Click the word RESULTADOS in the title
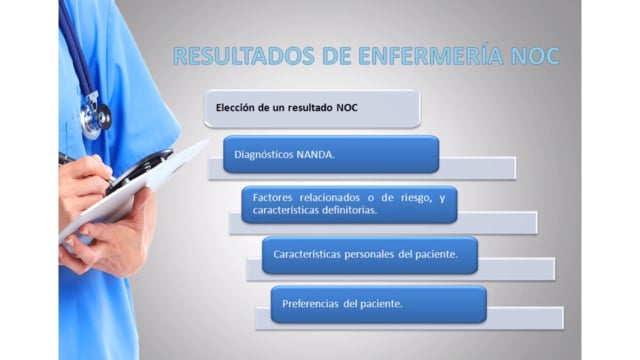click(x=244, y=56)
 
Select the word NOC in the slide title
click(x=535, y=56)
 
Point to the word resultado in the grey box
click(x=311, y=108)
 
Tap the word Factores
click(x=272, y=198)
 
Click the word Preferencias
click(x=310, y=304)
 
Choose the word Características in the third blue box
click(x=307, y=254)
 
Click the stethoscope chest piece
click(x=96, y=119)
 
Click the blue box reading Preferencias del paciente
click(x=378, y=304)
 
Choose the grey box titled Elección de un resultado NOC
click(x=312, y=109)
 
